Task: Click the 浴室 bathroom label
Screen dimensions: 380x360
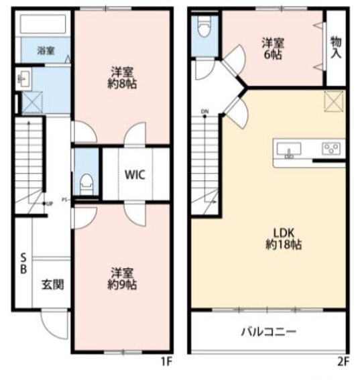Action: coord(44,50)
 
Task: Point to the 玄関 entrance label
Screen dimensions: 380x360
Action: coord(53,284)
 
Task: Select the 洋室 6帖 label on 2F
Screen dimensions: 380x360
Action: coord(272,49)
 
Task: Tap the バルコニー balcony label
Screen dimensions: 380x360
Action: coord(268,331)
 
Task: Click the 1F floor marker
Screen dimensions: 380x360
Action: coord(167,363)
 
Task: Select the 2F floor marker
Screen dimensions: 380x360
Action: coord(343,363)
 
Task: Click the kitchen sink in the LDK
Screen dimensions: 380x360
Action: coord(290,149)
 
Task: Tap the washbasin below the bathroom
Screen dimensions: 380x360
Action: coord(23,80)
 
